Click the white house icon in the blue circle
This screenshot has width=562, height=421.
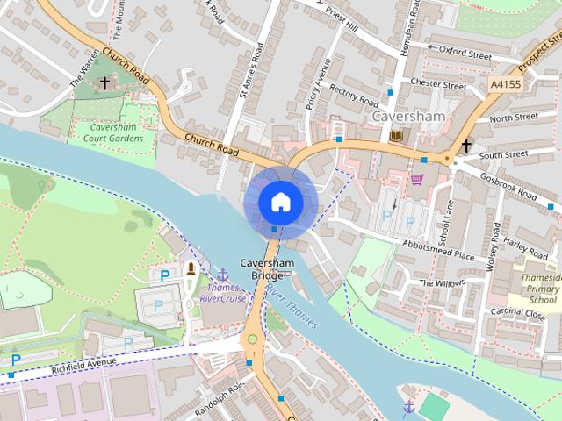tap(280, 202)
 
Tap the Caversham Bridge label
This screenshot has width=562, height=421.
tap(256, 269)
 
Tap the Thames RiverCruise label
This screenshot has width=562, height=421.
tap(223, 293)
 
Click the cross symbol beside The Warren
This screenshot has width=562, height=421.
tap(104, 83)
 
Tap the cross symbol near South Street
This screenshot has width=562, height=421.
tap(466, 146)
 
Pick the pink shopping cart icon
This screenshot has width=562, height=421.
tap(416, 180)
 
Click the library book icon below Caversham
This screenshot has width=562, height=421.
tap(396, 135)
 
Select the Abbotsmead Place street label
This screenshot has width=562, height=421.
tap(438, 252)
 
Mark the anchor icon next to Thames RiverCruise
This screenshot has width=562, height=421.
tap(223, 275)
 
